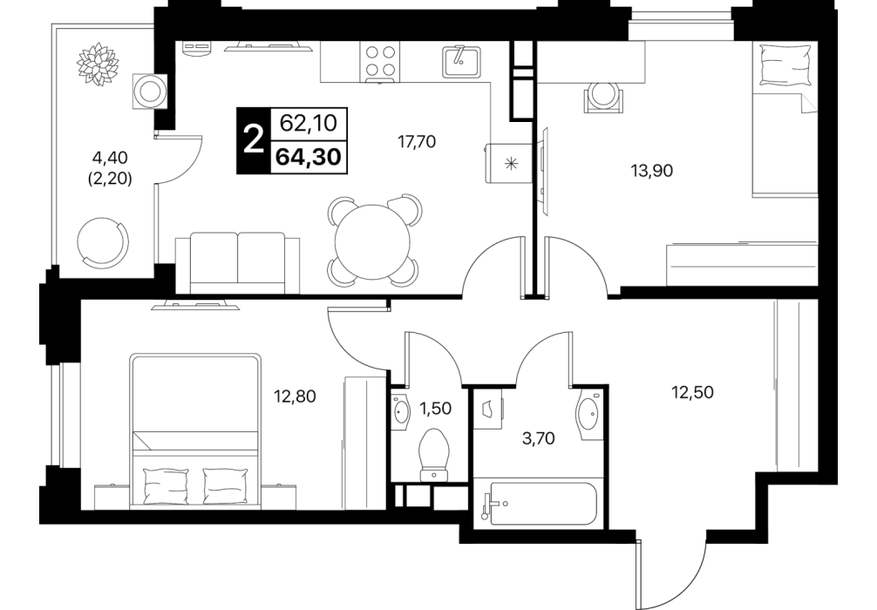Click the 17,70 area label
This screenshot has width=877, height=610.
(416, 142)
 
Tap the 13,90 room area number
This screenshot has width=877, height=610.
(651, 171)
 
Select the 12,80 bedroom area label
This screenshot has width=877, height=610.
(295, 396)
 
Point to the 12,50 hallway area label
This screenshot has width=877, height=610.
(692, 392)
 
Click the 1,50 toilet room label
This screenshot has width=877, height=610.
(435, 409)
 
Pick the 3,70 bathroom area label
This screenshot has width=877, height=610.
(538, 438)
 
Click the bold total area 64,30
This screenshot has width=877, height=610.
(309, 157)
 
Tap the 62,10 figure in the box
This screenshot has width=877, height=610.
(309, 123)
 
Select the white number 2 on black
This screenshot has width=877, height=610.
(254, 139)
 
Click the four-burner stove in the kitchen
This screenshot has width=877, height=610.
(381, 62)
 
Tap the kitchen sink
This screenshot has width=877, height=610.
(461, 61)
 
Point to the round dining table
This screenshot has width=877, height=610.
(372, 241)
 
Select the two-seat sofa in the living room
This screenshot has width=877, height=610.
(238, 263)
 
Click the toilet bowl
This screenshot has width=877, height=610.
(434, 454)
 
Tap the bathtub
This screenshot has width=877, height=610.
(539, 504)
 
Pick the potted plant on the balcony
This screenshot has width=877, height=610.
(99, 64)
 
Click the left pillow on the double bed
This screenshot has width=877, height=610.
(167, 485)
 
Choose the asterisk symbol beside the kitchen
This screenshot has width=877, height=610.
(510, 163)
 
